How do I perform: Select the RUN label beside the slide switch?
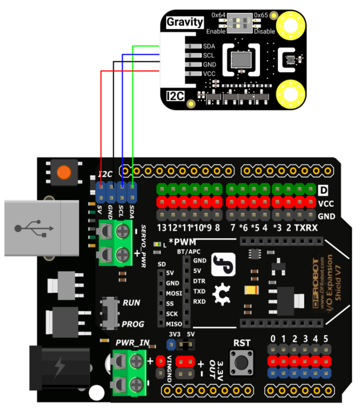pyautogui.click(x=132, y=303)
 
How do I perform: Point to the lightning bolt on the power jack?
pyautogui.click(x=59, y=368)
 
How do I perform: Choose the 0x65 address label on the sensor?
pyautogui.click(x=261, y=14)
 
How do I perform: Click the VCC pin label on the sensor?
pyautogui.click(x=209, y=74)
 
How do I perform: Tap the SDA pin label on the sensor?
pyautogui.click(x=209, y=46)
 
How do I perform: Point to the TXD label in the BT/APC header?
pyautogui.click(x=199, y=292)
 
